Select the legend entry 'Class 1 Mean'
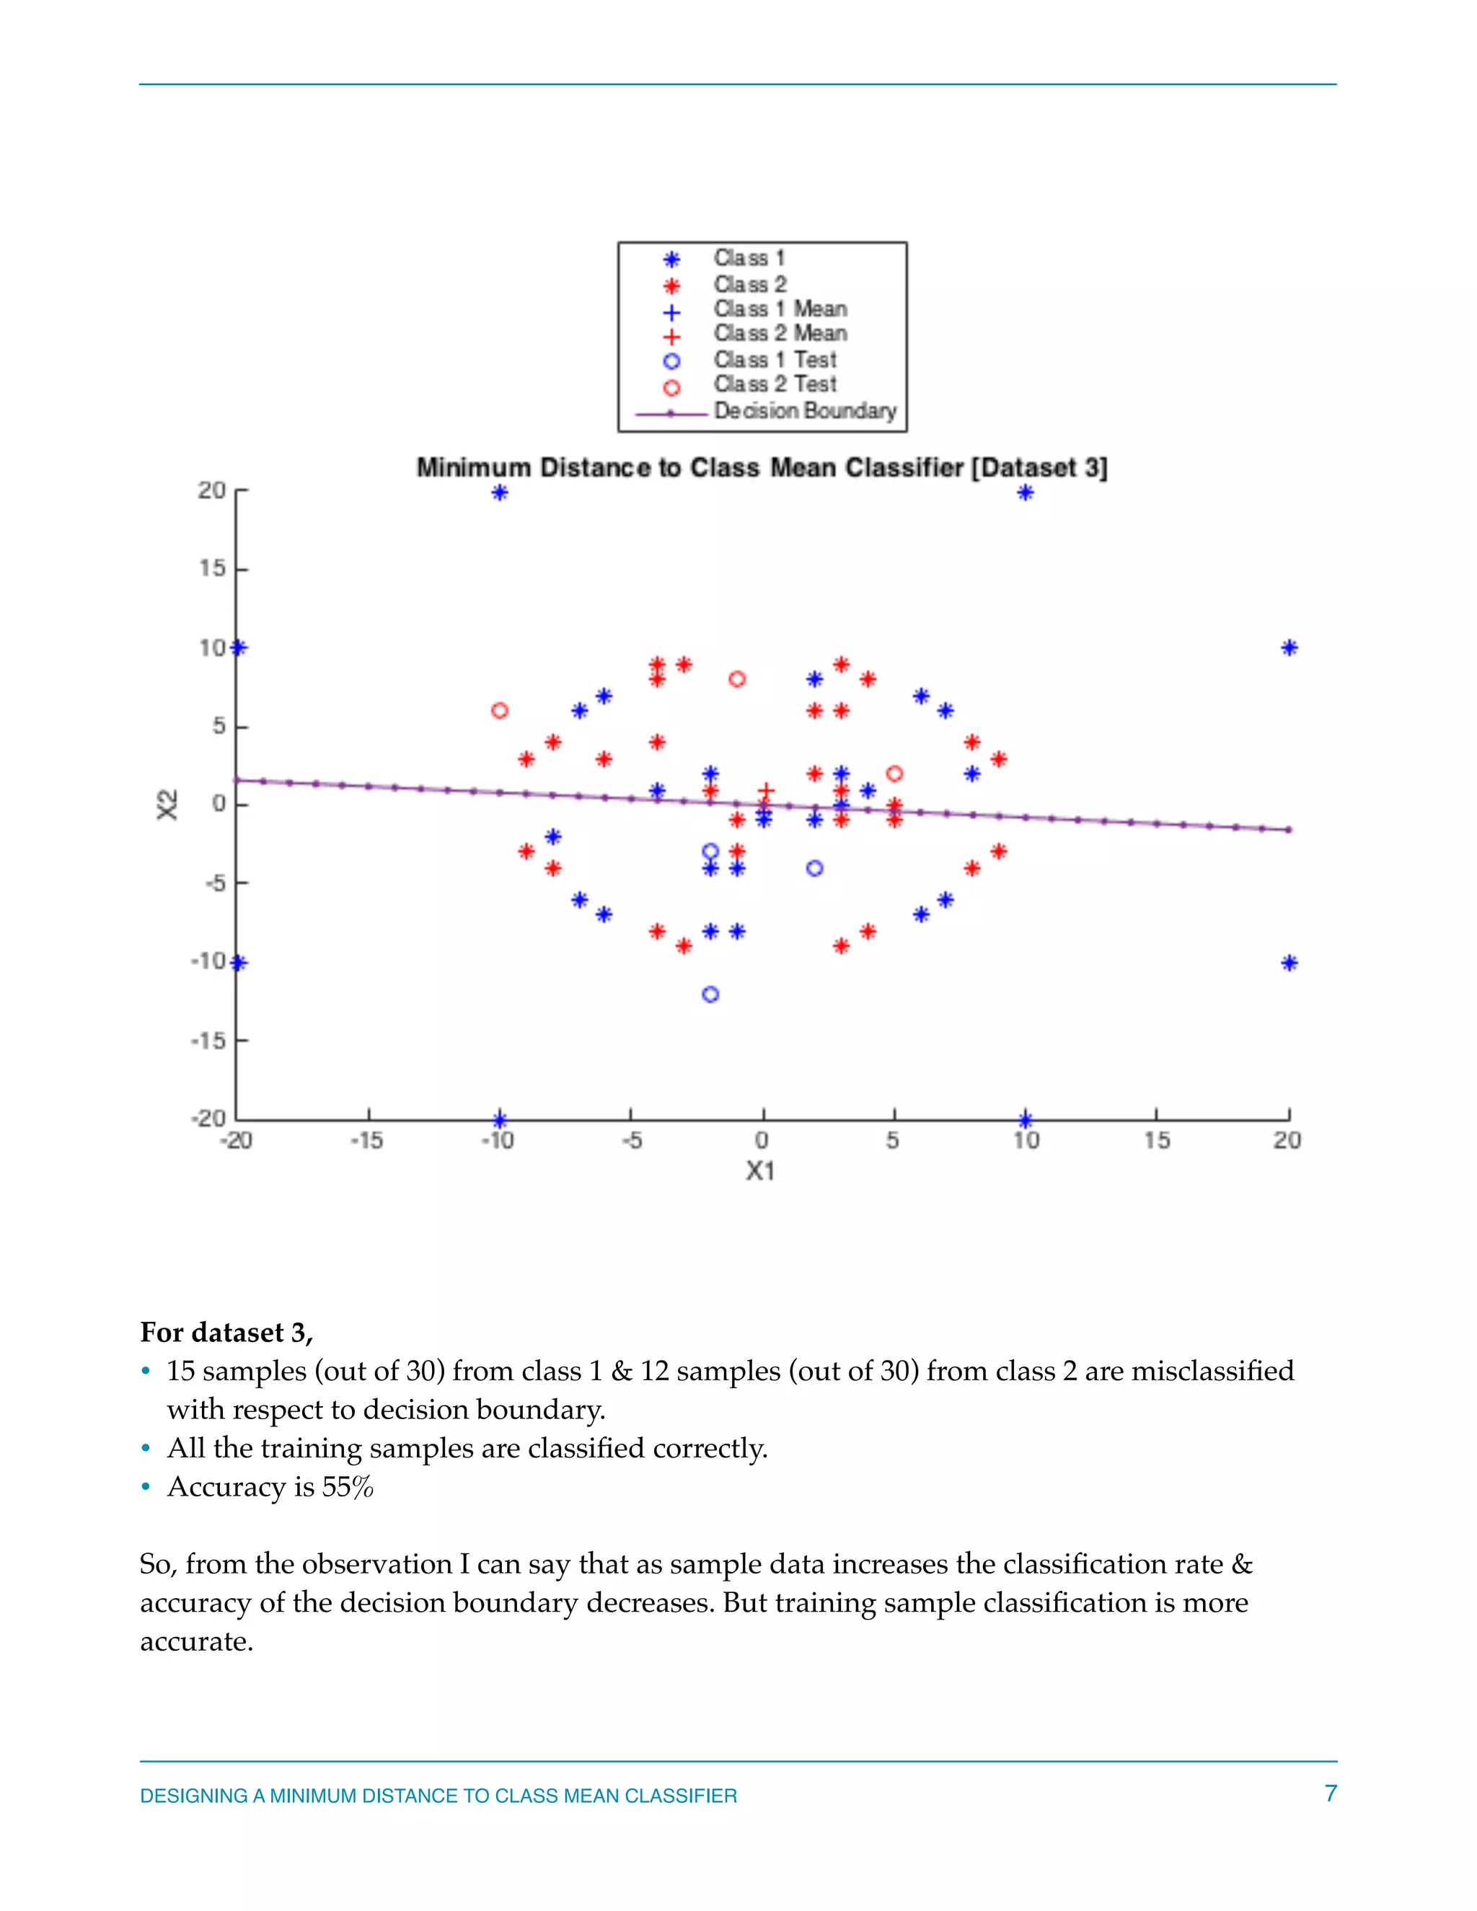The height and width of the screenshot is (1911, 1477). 780,309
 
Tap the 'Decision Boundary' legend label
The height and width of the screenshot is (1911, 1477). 805,410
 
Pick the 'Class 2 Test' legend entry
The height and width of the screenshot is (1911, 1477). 775,384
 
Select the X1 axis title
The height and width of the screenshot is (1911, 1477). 760,1170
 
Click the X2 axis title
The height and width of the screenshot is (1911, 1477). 167,804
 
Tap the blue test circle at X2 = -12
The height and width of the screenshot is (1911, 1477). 710,994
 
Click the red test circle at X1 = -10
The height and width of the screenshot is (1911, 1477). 500,710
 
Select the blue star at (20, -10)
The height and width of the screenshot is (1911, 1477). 1289,963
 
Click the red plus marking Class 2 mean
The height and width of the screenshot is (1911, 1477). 766,791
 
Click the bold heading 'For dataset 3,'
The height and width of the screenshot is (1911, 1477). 226,1333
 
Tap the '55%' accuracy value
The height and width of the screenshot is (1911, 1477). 348,1488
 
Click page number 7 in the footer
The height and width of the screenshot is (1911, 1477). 1330,1793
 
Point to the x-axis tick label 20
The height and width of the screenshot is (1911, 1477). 1287,1140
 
